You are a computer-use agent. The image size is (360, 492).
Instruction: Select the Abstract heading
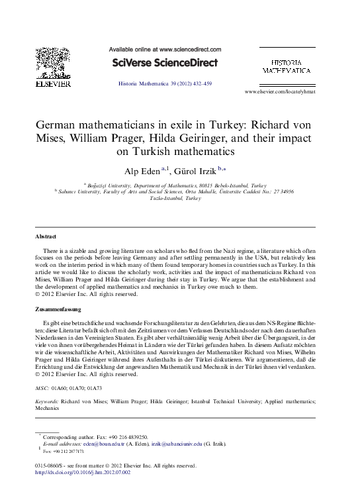click(46, 236)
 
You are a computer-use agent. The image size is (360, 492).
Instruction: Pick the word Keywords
click(46, 401)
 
